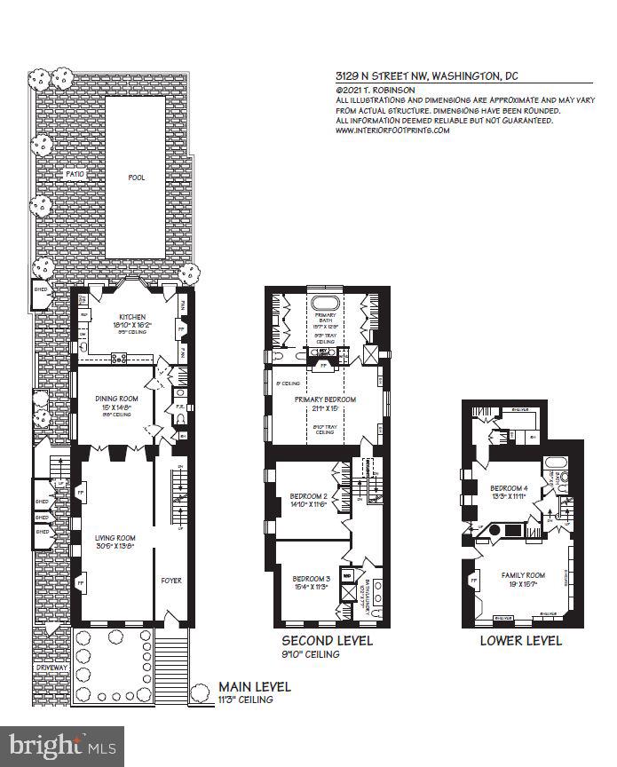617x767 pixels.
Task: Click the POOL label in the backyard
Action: coord(136,178)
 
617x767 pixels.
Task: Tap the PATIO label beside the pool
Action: coord(75,175)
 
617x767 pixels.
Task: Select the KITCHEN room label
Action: coord(132,318)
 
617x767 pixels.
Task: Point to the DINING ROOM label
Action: coord(115,399)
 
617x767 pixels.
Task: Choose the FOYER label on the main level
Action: coord(171,581)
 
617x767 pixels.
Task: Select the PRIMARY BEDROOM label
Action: coord(326,399)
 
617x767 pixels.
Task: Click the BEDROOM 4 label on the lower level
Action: coord(510,488)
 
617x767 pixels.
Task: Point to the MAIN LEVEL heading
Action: coord(255,686)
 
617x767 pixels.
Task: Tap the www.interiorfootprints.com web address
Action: coord(392,130)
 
